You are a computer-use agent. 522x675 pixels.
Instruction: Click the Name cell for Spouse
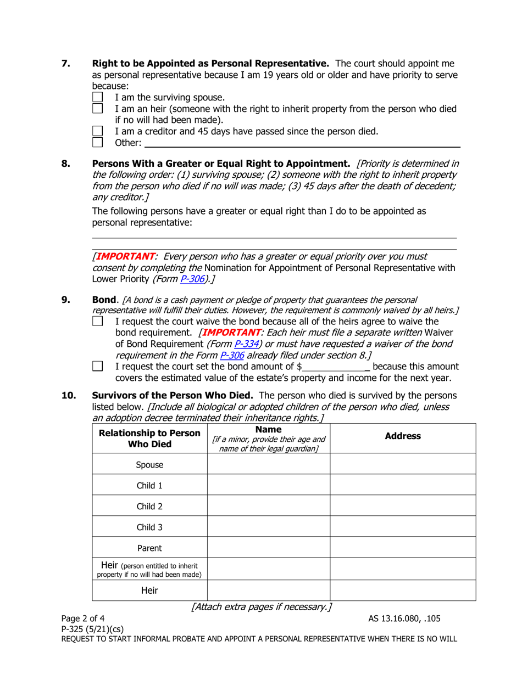tap(268, 464)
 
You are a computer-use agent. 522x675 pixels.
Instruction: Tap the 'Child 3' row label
tap(149, 526)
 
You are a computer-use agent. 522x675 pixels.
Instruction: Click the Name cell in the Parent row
tap(268, 547)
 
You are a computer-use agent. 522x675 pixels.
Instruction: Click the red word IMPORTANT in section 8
tap(125, 256)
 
